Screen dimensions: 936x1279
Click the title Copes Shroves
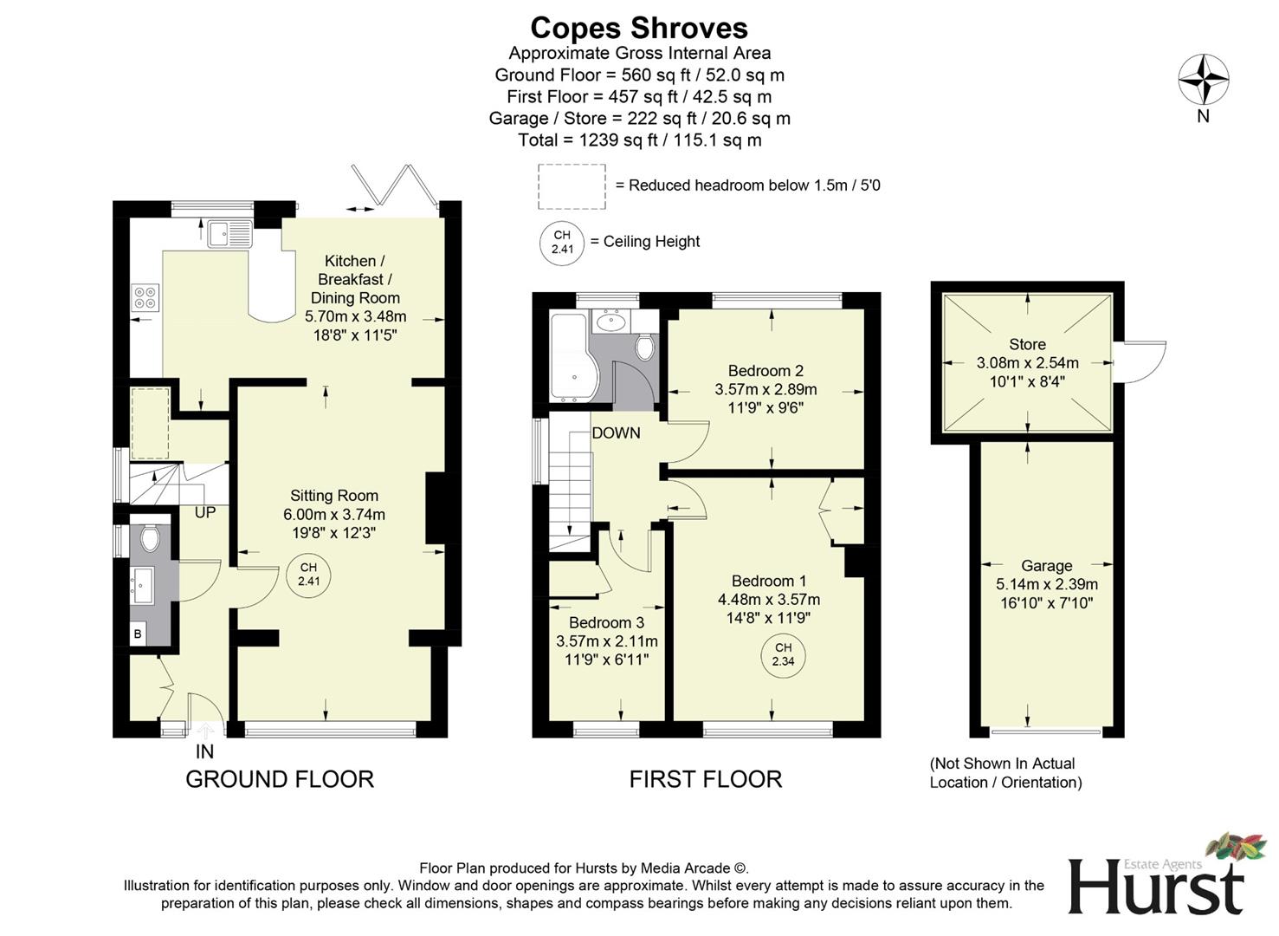pos(638,28)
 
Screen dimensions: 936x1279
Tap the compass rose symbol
pos(1203,81)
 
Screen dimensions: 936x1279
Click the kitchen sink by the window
pos(229,233)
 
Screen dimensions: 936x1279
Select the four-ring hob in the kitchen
pos(145,297)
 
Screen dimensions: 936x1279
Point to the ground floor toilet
pos(150,538)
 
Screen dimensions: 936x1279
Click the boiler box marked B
pos(138,634)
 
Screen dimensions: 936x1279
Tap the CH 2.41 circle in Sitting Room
pos(308,575)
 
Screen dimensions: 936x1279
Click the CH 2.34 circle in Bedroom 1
pos(783,654)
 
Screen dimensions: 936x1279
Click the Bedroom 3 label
pos(606,622)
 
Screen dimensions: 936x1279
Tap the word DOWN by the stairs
pos(616,433)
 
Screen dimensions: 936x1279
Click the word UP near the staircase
pos(205,513)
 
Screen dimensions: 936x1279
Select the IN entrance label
pos(204,751)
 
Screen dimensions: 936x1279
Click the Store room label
pos(1027,344)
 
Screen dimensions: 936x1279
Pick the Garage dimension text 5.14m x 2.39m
pos(1046,584)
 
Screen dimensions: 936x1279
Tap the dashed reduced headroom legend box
pos(571,186)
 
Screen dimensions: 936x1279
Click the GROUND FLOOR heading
pos(280,779)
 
